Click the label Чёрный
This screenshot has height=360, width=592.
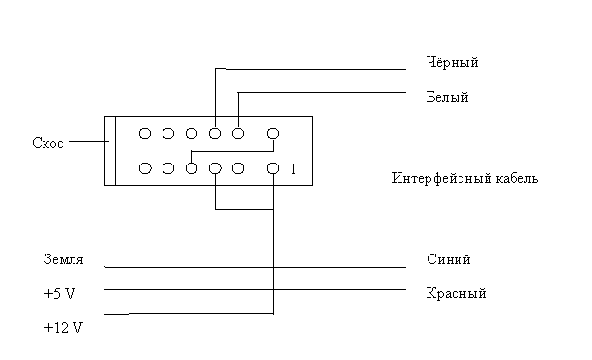tap(453, 62)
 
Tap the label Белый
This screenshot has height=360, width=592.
tap(448, 97)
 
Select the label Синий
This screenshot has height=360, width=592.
tap(449, 259)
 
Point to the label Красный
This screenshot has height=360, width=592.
tap(456, 293)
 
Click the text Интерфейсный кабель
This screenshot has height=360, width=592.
tap(464, 178)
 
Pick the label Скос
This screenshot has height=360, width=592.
tap(47, 143)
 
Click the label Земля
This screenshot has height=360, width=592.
tap(64, 259)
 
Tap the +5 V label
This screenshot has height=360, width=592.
tap(60, 293)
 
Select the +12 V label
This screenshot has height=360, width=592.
tap(63, 327)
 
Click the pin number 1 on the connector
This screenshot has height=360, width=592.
tap(293, 169)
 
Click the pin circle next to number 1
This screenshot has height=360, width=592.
tap(273, 168)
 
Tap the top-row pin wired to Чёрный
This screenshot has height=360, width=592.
tap(215, 134)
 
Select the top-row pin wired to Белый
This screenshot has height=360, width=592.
tap(238, 134)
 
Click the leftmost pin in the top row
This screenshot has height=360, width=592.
tap(145, 134)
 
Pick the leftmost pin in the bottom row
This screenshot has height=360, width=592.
tap(145, 168)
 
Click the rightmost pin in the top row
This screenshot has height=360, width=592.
tap(273, 134)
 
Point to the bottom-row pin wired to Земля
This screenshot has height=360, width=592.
tap(192, 168)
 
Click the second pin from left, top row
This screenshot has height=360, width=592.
tap(168, 134)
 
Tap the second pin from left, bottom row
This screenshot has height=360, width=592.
tap(168, 168)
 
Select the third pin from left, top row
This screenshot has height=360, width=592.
tap(192, 134)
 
